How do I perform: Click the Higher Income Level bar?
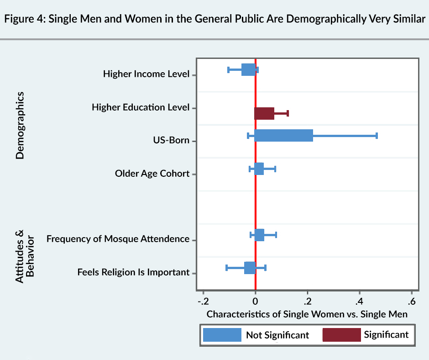tap(248, 69)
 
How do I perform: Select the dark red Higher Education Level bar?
tap(265, 113)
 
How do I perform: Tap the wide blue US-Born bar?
tap(283, 135)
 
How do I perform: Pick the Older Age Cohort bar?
tap(259, 169)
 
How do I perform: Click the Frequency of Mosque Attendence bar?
tap(259, 235)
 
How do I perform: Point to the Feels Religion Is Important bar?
tap(250, 268)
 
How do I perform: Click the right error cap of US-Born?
tap(377, 135)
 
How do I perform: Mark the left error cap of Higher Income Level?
tap(229, 69)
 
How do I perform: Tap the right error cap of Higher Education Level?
tap(288, 113)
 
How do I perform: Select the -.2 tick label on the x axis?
tap(203, 302)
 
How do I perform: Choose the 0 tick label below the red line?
tap(256, 302)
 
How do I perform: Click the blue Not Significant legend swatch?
tap(222, 334)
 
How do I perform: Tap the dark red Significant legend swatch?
tap(341, 334)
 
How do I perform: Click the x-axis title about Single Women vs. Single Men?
tap(307, 314)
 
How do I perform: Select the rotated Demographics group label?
tap(19, 125)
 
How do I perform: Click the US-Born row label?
tap(171, 140)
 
